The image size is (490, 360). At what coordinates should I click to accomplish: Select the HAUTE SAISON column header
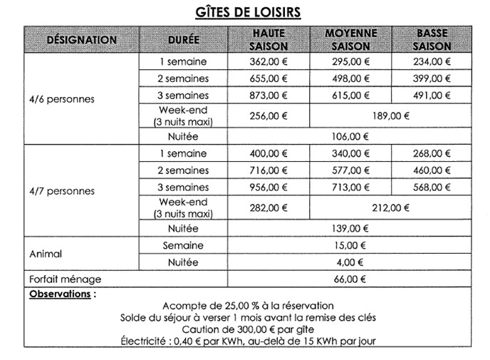pyautogui.click(x=269, y=40)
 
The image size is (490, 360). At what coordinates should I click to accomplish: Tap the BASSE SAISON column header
pyautogui.click(x=432, y=40)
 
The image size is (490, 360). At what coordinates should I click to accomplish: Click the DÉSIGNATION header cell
pyautogui.click(x=81, y=40)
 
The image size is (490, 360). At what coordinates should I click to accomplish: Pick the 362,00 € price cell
pyautogui.click(x=269, y=62)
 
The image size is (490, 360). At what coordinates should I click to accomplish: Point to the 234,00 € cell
pyautogui.click(x=432, y=62)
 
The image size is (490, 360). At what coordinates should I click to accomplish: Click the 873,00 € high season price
pyautogui.click(x=269, y=96)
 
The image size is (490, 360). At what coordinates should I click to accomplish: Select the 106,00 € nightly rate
pyautogui.click(x=350, y=136)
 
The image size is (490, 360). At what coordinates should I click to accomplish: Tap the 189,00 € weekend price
pyautogui.click(x=390, y=115)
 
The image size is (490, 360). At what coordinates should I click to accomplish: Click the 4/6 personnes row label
pyautogui.click(x=61, y=99)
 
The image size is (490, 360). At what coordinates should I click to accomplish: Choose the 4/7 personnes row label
pyautogui.click(x=61, y=191)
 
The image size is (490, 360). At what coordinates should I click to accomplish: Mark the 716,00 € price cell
pyautogui.click(x=269, y=170)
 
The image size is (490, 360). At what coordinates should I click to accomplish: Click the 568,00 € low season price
pyautogui.click(x=432, y=187)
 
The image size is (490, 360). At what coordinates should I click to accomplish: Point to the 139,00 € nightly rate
pyautogui.click(x=350, y=228)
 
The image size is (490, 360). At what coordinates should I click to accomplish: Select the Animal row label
pyautogui.click(x=46, y=254)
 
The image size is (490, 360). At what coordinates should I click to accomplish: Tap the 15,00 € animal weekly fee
pyautogui.click(x=350, y=245)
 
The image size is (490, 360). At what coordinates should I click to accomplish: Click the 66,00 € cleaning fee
pyautogui.click(x=350, y=279)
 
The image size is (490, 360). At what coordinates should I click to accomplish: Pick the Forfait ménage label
pyautogui.click(x=65, y=279)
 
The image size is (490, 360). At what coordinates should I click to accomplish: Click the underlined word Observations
pyautogui.click(x=60, y=294)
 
